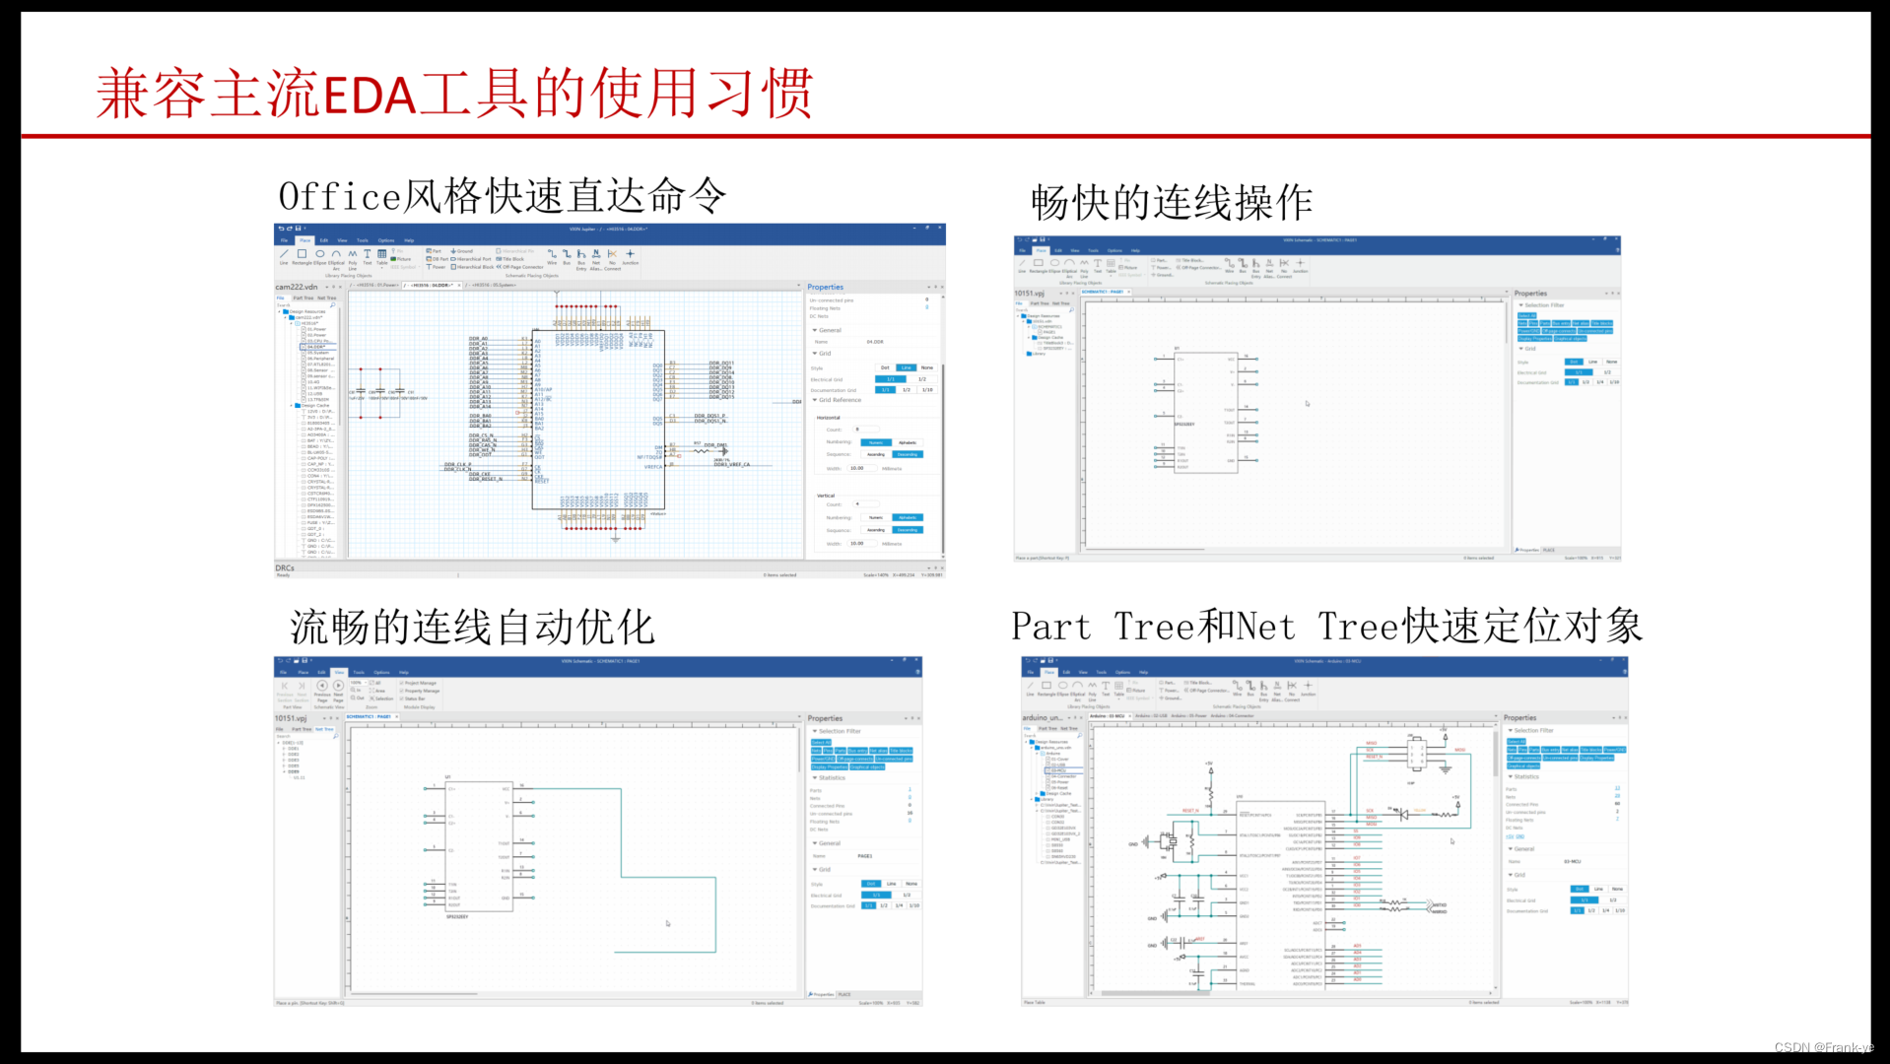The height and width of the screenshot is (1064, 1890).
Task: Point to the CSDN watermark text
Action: click(1823, 1047)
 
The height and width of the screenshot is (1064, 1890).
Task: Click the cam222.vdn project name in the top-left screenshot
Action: click(297, 287)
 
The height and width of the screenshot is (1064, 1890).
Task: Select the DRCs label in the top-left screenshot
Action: click(285, 567)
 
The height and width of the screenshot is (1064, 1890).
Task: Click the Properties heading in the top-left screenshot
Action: click(825, 287)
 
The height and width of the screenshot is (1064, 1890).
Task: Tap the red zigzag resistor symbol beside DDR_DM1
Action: click(701, 450)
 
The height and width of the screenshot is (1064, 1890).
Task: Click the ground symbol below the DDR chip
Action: click(615, 539)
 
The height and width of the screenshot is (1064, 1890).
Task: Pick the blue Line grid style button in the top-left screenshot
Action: click(906, 367)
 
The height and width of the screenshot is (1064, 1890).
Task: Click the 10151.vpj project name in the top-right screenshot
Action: click(1029, 293)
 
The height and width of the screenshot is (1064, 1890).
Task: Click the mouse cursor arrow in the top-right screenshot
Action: click(1308, 403)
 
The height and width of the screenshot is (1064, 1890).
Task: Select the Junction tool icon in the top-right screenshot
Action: click(1300, 263)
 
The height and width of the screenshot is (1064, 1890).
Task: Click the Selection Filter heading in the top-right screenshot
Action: click(1543, 305)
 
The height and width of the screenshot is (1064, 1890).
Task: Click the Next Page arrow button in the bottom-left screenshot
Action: click(338, 686)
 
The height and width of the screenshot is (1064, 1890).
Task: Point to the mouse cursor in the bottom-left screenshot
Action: click(668, 923)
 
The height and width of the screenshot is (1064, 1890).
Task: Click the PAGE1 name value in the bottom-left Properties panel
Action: click(865, 856)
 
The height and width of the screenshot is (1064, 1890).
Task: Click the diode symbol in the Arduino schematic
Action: click(1403, 815)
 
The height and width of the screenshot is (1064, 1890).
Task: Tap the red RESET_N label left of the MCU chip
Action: click(1190, 811)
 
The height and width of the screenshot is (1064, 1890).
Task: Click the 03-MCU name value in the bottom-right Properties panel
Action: click(1572, 862)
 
